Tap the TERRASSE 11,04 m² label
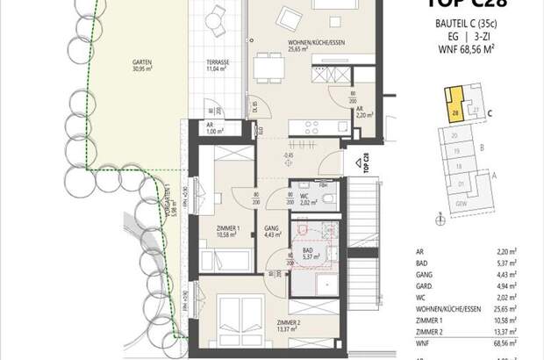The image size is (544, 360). (218, 66)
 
